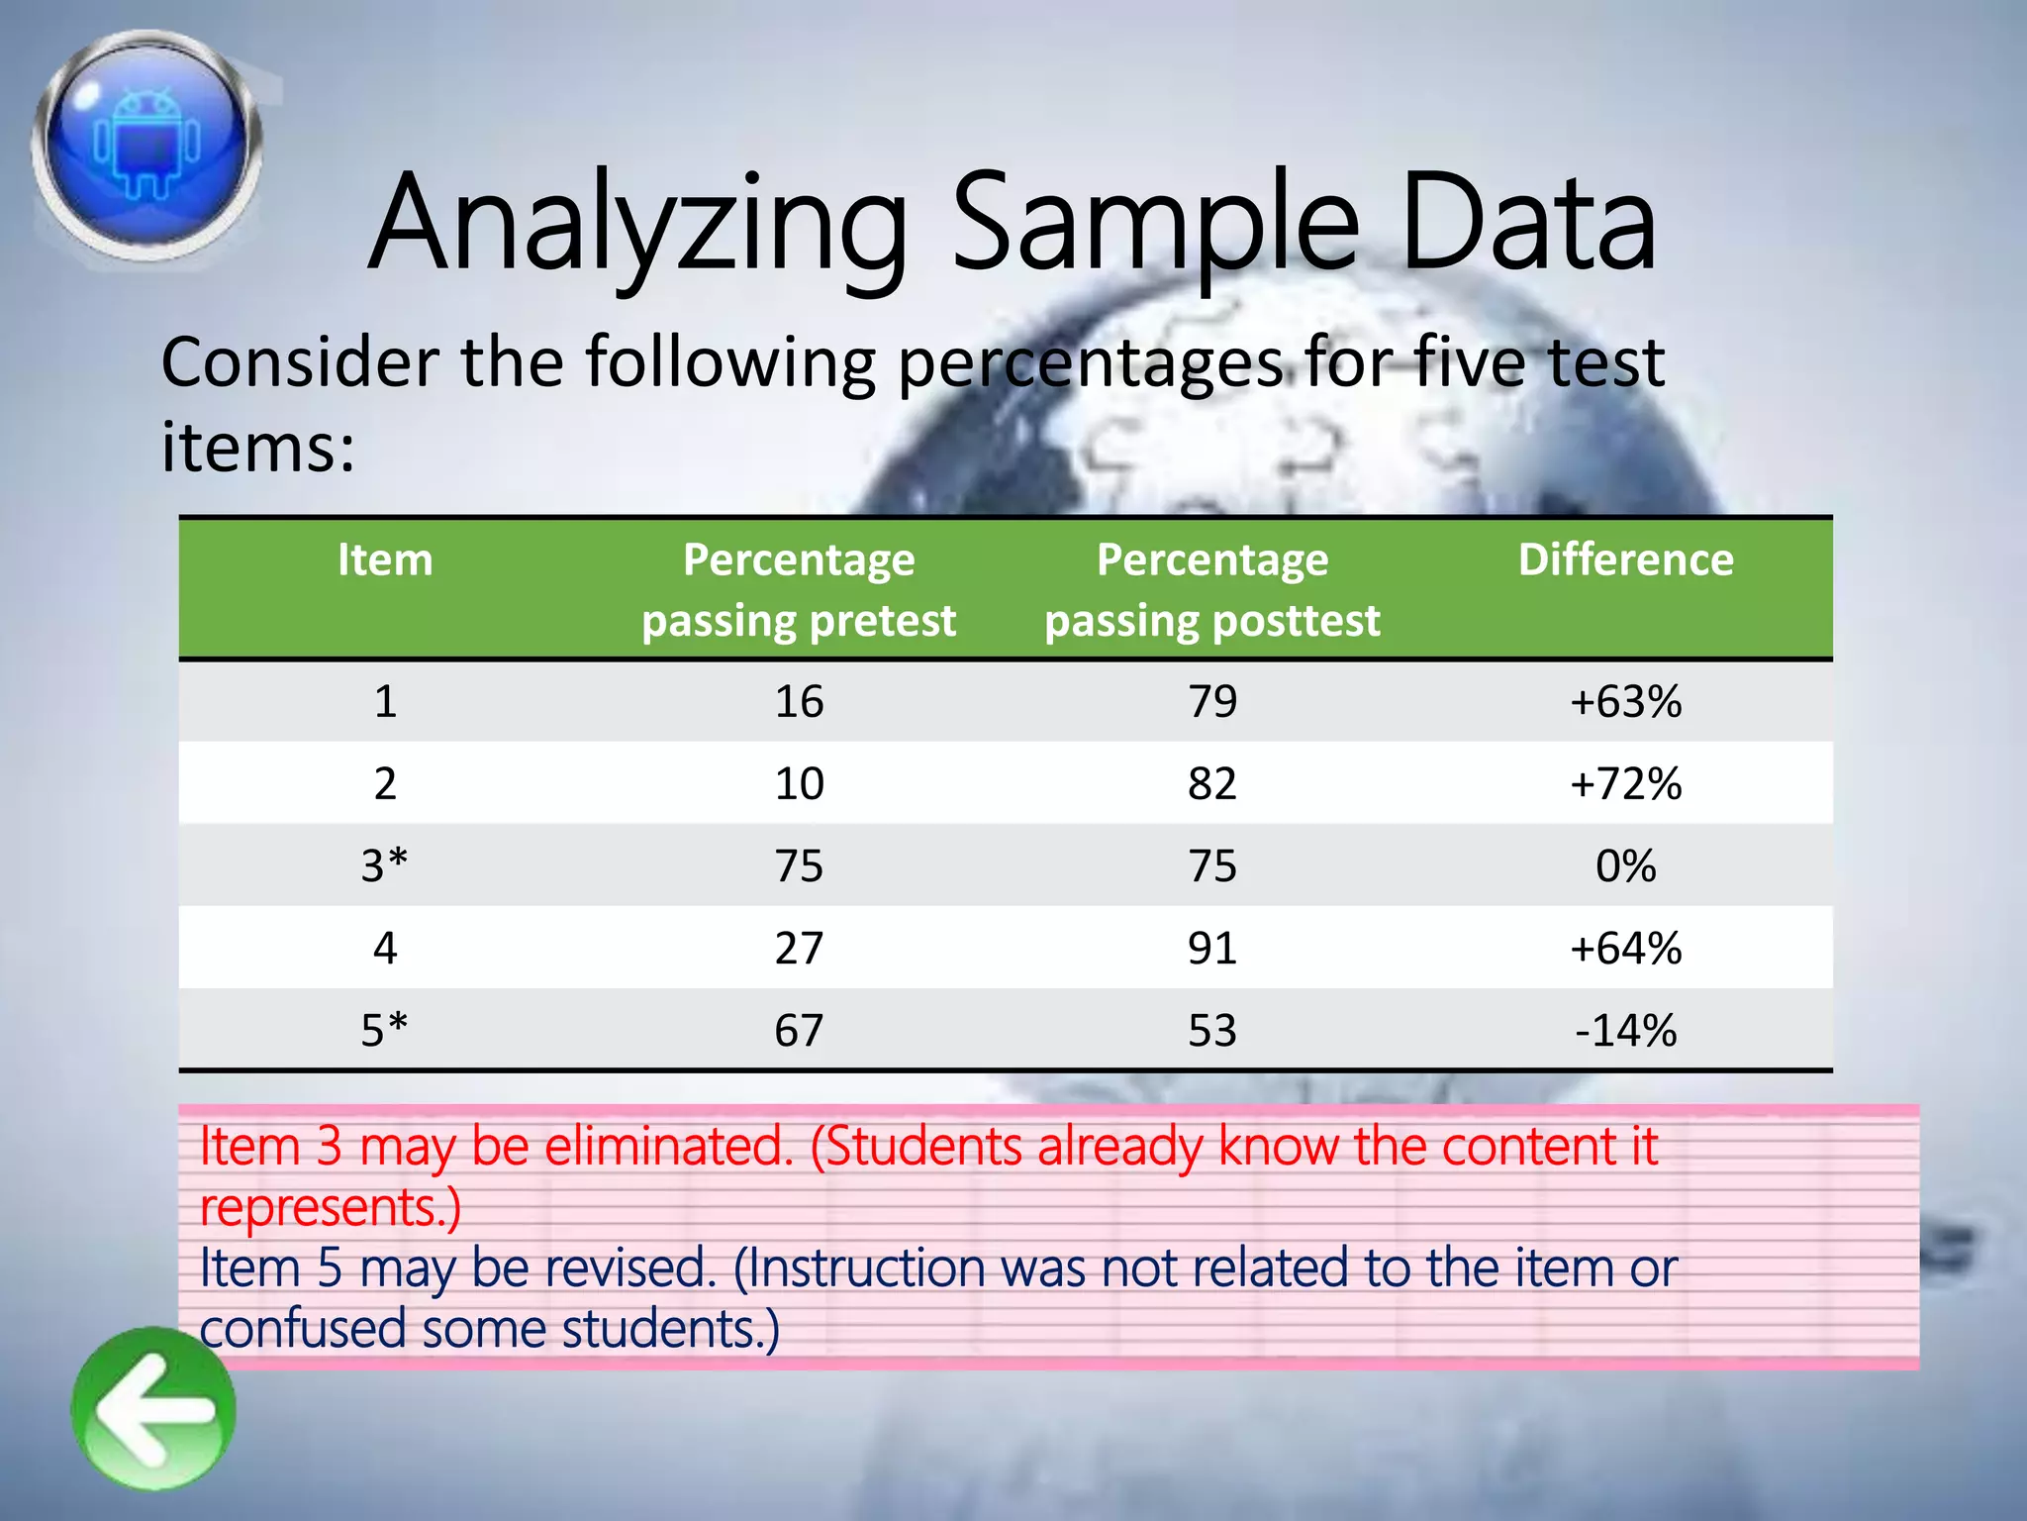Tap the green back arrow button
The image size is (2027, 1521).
pos(153,1409)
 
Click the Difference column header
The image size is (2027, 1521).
pos(1625,560)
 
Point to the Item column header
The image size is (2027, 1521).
pos(385,560)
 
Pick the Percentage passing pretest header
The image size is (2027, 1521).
pos(799,590)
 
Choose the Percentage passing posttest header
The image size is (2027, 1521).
pos(1212,590)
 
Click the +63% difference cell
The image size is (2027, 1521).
pos(1625,702)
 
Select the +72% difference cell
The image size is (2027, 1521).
pos(1625,784)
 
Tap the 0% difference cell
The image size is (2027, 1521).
pos(1625,866)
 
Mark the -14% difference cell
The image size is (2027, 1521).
pos(1625,1031)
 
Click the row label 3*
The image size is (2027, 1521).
pos(385,866)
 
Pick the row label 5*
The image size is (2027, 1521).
pos(385,1031)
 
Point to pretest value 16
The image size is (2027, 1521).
pos(799,702)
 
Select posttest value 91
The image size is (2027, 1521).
pos(1212,949)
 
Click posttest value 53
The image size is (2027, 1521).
pos(1212,1031)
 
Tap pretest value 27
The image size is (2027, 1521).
pos(799,949)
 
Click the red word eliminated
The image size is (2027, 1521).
pos(669,1147)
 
